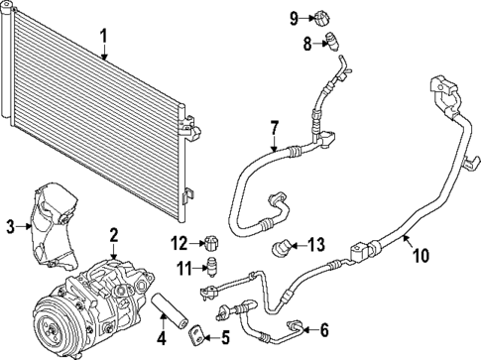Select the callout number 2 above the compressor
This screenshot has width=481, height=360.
click(x=114, y=235)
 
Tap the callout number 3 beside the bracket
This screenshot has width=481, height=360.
click(x=10, y=227)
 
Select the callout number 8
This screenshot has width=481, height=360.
click(x=307, y=43)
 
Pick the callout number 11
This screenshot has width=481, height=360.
click(x=181, y=267)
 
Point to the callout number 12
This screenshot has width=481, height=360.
click(x=179, y=243)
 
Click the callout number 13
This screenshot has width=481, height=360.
click(x=315, y=245)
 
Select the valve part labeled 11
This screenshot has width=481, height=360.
click(x=209, y=266)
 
